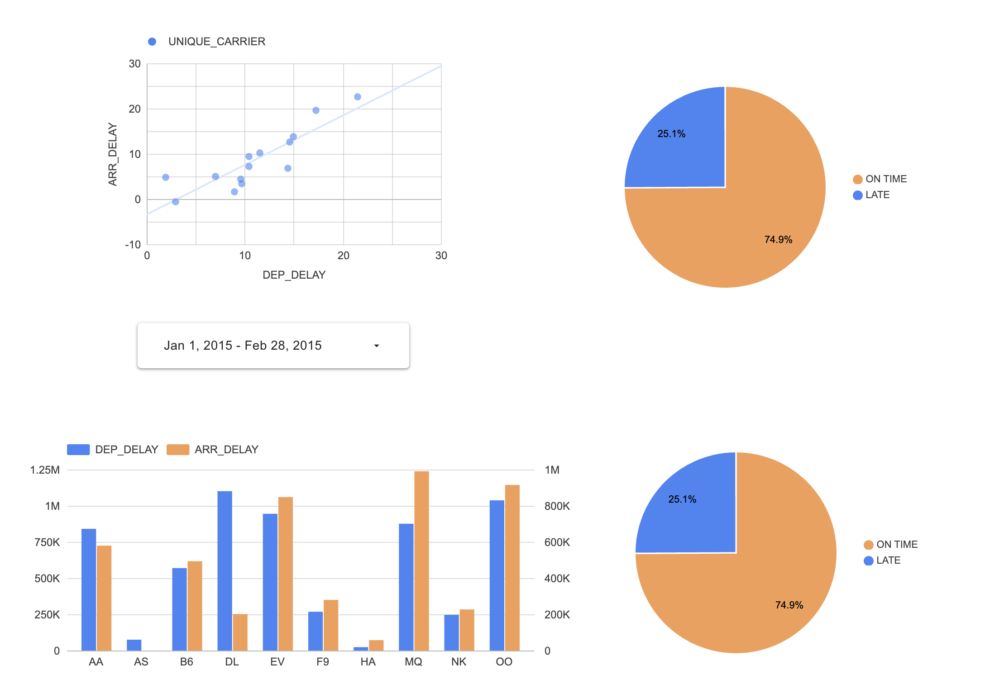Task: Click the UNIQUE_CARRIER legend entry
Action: tap(216, 42)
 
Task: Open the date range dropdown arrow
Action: tap(376, 346)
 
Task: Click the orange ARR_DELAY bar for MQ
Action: tap(421, 561)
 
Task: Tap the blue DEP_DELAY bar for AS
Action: tap(134, 645)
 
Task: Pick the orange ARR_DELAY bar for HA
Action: tap(376, 646)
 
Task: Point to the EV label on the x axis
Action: tap(277, 662)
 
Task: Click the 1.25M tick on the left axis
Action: tap(45, 470)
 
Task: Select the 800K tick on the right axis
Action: tap(557, 506)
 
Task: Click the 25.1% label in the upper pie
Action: tap(671, 134)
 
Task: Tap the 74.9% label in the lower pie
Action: tap(789, 605)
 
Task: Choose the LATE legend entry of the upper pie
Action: tap(877, 195)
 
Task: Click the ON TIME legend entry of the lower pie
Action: tap(896, 545)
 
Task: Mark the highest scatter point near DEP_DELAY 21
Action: tap(358, 97)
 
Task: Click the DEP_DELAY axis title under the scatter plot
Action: tap(294, 275)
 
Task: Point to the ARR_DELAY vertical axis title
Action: tap(113, 154)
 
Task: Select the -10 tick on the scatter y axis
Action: tap(133, 245)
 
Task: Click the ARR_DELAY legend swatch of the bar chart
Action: tap(178, 450)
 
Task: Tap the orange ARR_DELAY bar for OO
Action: tap(512, 568)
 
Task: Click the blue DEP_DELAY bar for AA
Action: tap(89, 589)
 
